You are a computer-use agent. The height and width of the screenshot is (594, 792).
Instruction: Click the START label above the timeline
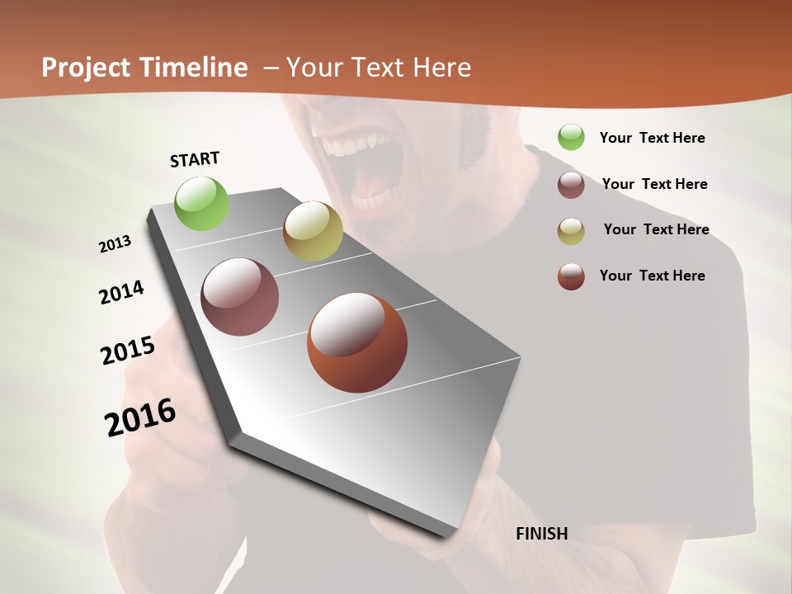pyautogui.click(x=195, y=159)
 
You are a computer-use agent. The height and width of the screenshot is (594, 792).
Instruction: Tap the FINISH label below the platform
pyautogui.click(x=542, y=534)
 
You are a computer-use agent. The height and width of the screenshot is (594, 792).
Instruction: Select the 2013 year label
pyautogui.click(x=115, y=244)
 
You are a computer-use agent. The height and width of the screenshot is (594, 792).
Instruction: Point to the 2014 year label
pyautogui.click(x=122, y=292)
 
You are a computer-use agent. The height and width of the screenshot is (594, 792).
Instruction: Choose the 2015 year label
pyautogui.click(x=128, y=351)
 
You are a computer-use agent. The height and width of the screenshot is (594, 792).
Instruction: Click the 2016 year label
pyautogui.click(x=140, y=417)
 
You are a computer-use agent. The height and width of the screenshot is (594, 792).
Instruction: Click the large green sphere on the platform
pyautogui.click(x=202, y=203)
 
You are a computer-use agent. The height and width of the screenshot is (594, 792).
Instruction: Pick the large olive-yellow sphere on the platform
pyautogui.click(x=313, y=231)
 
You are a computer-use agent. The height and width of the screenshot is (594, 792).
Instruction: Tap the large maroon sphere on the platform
pyautogui.click(x=239, y=297)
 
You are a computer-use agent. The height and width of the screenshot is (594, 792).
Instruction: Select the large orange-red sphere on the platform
pyautogui.click(x=356, y=342)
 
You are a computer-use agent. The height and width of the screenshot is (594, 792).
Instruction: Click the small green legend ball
pyautogui.click(x=571, y=137)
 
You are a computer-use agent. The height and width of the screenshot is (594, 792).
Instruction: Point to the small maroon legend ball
pyautogui.click(x=571, y=185)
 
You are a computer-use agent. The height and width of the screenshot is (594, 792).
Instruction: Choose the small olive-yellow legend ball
pyautogui.click(x=571, y=231)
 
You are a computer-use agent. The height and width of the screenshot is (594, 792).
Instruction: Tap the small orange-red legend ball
pyautogui.click(x=571, y=276)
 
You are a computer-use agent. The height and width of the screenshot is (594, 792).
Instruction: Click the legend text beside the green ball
pyautogui.click(x=652, y=138)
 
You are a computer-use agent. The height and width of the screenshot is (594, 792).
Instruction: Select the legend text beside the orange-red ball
pyautogui.click(x=652, y=276)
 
